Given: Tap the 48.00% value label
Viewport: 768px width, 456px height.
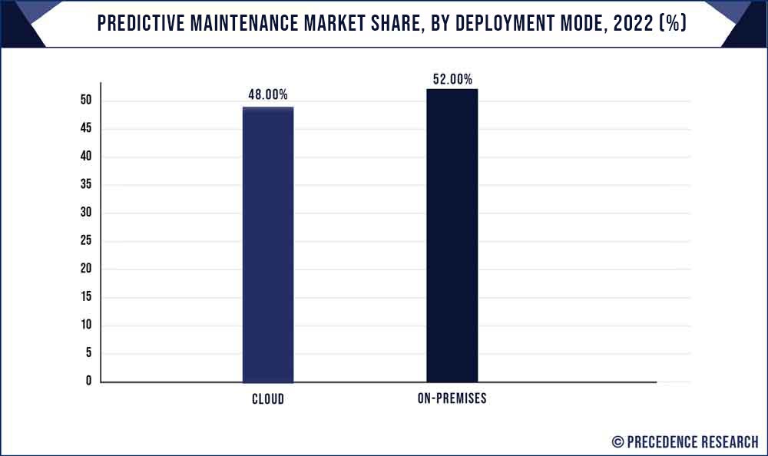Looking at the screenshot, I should pos(267,95).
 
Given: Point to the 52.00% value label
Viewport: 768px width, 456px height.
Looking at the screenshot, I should pos(452,78).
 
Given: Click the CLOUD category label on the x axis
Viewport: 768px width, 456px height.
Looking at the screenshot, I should pos(267,399).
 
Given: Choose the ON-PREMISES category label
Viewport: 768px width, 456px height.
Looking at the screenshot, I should pos(452,399).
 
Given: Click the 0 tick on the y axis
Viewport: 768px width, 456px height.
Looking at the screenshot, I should pos(88,381).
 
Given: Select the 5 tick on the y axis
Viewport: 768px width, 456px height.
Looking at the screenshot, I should pos(88,353).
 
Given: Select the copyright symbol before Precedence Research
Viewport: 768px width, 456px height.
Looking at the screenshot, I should pos(617,441).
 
